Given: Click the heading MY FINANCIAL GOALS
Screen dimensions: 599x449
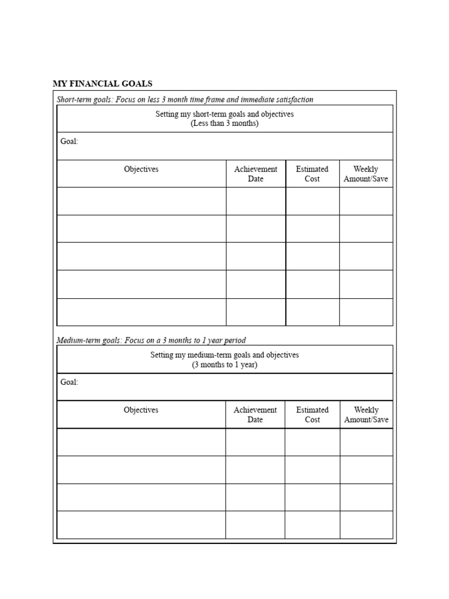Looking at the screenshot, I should pos(102,84).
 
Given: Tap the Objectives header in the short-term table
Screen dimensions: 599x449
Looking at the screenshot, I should pos(141,169).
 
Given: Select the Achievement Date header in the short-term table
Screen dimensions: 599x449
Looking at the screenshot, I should pos(255,174).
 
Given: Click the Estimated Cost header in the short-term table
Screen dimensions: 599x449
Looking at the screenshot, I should pos(312,174).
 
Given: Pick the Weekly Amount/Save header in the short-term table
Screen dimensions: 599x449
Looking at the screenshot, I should pos(366,174).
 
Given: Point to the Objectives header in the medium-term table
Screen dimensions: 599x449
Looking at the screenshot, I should pos(141,410).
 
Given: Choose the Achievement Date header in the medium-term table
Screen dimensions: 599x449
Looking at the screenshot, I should pos(255,415).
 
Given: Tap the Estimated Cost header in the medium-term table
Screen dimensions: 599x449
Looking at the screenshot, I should pos(312,415).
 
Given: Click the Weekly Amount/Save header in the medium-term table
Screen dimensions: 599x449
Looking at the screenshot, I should pos(366,415).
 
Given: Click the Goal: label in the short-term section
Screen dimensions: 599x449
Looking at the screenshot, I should pos(69,142).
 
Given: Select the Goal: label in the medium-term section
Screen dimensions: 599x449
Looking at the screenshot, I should pos(69,383).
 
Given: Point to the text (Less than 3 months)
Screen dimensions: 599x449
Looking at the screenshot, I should pos(224,124).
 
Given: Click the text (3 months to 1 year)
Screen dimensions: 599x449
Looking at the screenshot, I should pos(224,365).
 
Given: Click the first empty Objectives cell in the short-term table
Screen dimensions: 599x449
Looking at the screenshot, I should pos(141,201).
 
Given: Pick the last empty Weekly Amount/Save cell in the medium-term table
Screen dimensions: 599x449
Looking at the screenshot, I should pos(366,525).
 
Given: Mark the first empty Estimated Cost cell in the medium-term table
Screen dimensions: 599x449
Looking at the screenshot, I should pos(312,442).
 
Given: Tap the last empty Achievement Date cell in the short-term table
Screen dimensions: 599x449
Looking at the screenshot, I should pos(255,312).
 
